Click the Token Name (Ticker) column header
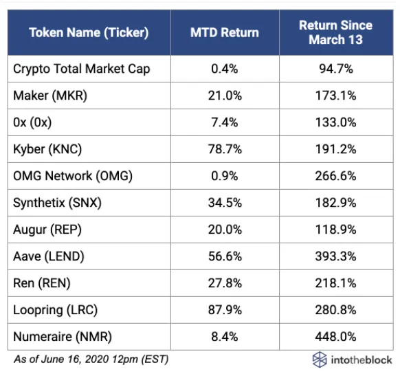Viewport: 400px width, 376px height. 89,33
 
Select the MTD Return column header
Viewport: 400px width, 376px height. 225,33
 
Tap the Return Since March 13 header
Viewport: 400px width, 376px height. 335,32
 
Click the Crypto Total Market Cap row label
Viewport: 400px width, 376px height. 82,69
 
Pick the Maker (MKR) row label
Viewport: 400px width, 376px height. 50,96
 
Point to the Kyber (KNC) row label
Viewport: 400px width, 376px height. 47,149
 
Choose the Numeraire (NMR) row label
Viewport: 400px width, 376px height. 63,337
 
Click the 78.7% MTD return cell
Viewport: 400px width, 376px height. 225,149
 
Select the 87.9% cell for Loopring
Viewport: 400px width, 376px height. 225,310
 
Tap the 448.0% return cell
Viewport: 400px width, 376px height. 335,337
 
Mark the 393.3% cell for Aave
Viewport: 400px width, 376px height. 335,256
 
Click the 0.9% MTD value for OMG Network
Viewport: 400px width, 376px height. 225,176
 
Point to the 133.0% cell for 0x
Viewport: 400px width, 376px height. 335,122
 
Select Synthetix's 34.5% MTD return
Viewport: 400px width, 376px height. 225,203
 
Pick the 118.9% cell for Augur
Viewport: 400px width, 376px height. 335,230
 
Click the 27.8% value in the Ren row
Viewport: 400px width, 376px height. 225,283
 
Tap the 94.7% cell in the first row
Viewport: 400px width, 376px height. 335,69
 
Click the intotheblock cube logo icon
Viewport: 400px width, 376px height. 320,360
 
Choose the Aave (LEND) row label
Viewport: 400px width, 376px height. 49,256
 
